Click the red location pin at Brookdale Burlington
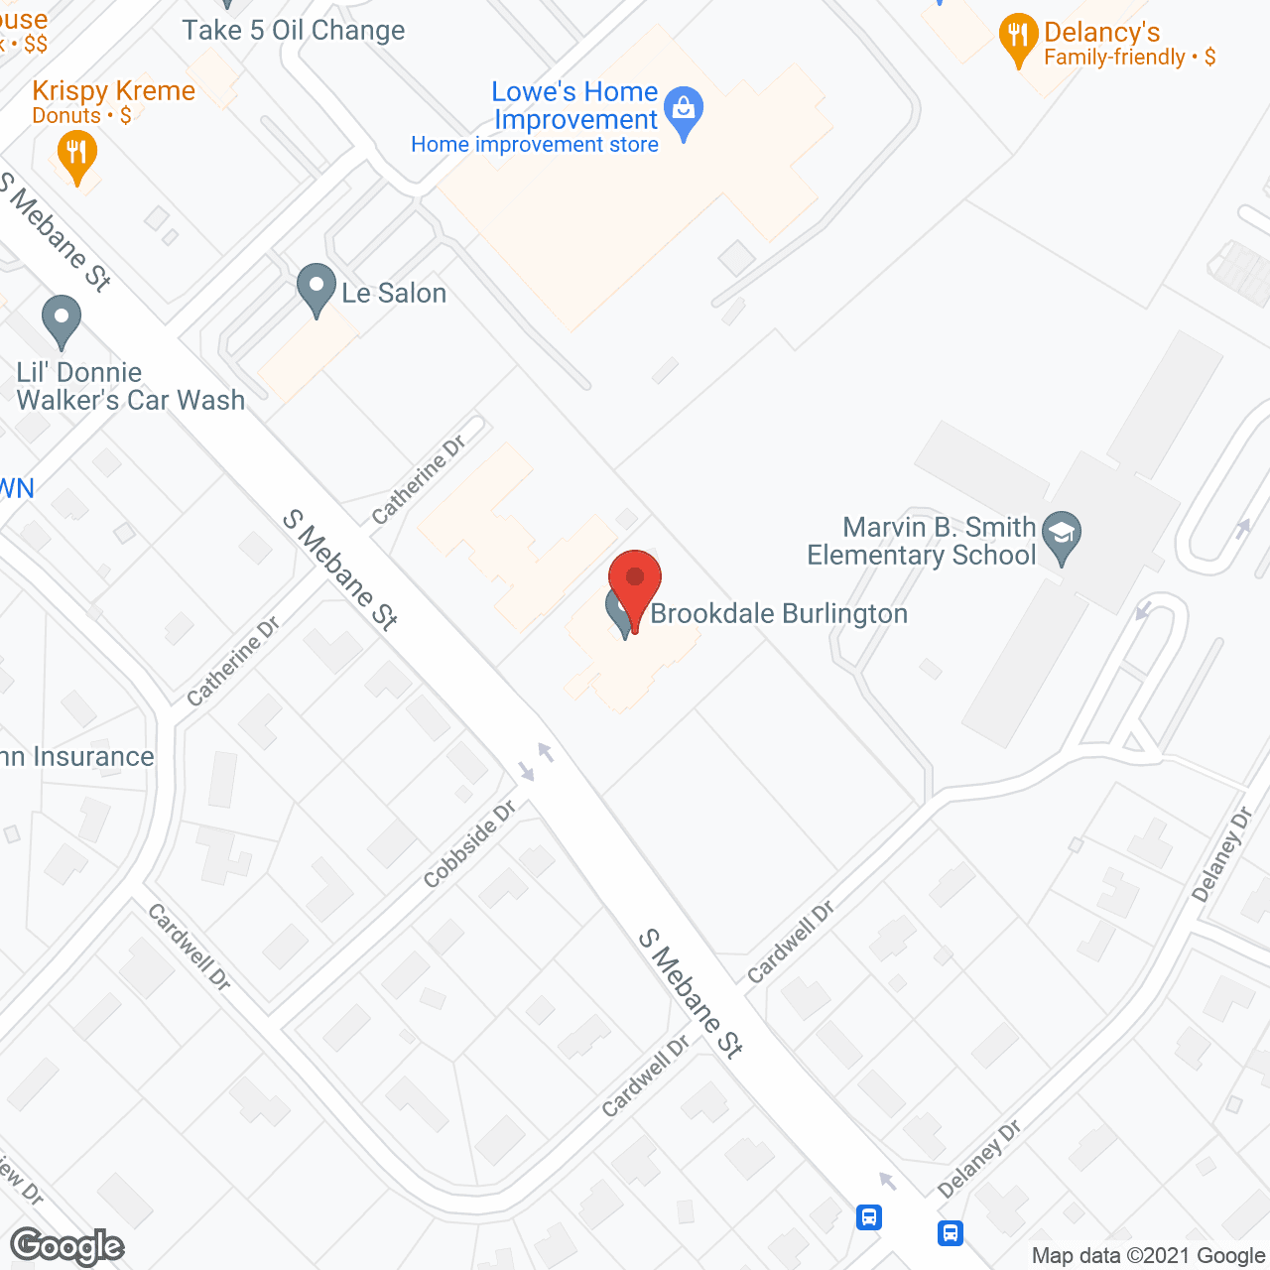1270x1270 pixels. tap(635, 580)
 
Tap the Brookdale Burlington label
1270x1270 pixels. tap(779, 614)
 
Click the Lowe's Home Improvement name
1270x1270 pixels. tap(575, 105)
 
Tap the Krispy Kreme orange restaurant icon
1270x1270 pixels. tap(76, 156)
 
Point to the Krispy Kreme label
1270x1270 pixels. tap(113, 91)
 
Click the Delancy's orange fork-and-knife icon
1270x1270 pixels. tap(1018, 37)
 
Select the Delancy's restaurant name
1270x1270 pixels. tap(1101, 32)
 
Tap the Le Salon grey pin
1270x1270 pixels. tap(316, 287)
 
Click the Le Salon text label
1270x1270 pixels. tap(394, 294)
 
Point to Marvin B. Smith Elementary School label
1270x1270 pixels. tap(923, 541)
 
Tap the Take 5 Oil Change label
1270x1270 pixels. tap(294, 31)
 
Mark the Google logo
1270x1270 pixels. tap(67, 1246)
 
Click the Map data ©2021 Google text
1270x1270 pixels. tap(1148, 1256)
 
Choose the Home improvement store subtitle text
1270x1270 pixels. tap(535, 145)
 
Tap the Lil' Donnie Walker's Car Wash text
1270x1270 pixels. tap(130, 386)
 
